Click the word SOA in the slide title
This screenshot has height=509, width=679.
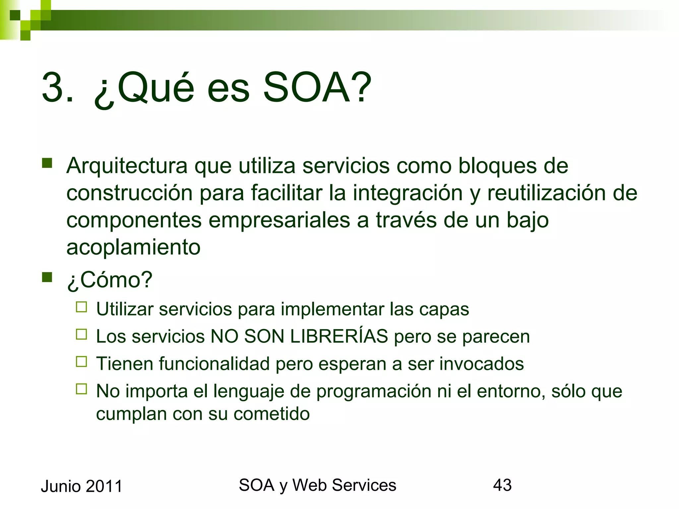point(317,88)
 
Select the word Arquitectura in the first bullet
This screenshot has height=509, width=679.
point(127,166)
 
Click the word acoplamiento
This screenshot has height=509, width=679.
point(133,247)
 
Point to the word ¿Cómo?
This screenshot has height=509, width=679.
point(109,280)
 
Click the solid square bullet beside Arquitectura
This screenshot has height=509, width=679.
point(47,163)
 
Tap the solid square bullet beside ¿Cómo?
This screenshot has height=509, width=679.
point(47,277)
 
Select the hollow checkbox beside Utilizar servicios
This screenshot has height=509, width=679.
point(81,307)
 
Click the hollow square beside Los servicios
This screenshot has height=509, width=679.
point(81,334)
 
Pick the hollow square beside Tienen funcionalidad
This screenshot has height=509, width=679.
point(81,362)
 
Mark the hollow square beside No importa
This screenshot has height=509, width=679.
point(81,389)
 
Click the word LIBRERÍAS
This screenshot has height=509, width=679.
point(339,336)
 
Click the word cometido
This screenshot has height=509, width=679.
point(272,414)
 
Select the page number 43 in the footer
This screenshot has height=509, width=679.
point(502,485)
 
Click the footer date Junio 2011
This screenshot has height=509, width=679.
point(82,486)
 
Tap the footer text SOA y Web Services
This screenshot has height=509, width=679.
point(317,485)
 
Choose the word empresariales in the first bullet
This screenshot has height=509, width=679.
point(279,220)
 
